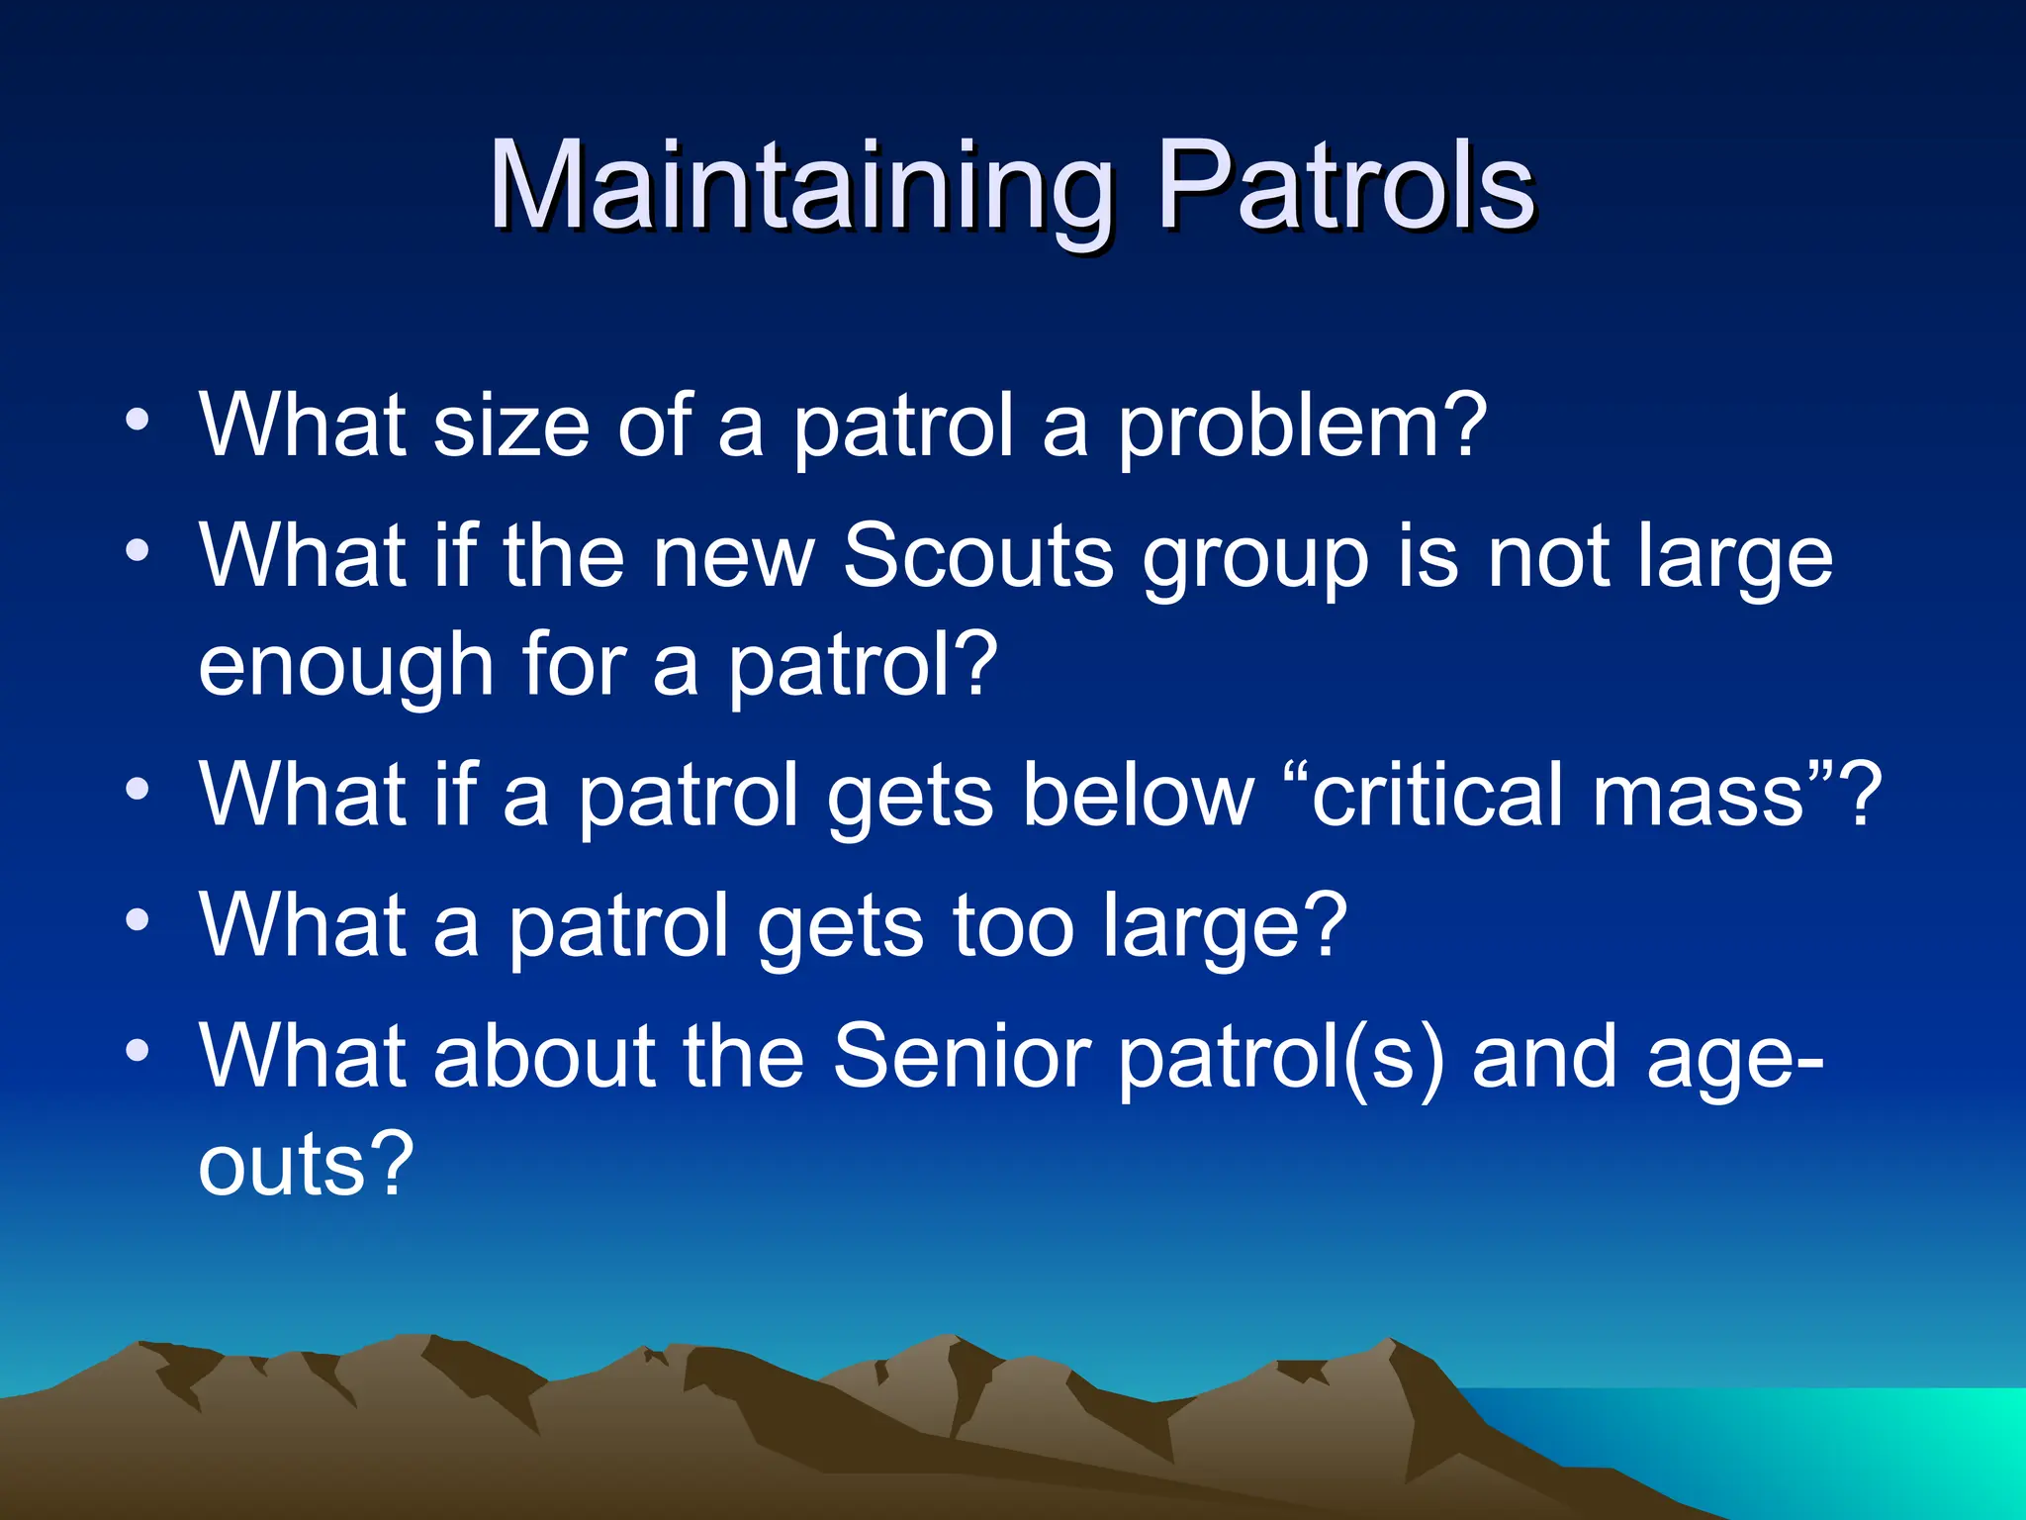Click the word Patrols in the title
click(x=1345, y=186)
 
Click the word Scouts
click(x=977, y=556)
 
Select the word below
click(x=1138, y=795)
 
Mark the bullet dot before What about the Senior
click(x=138, y=1051)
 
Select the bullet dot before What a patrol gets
click(x=138, y=921)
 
